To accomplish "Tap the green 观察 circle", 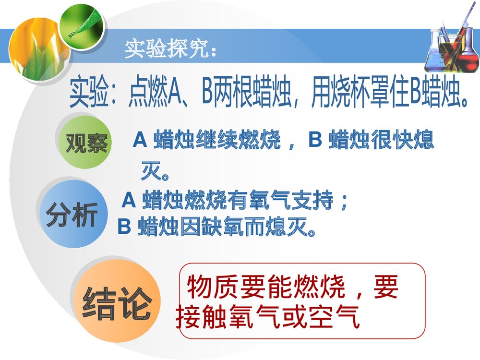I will point(86,142).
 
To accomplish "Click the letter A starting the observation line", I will point(139,140).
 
